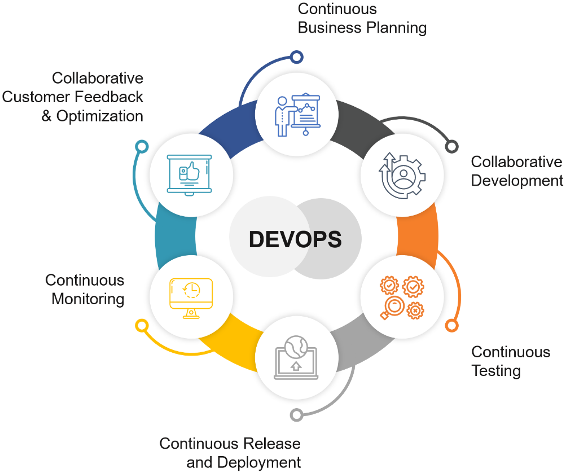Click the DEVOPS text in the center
click(295, 239)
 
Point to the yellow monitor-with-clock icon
click(191, 297)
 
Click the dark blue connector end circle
click(296, 56)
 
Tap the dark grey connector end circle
click(451, 147)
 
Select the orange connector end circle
click(451, 326)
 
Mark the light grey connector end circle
click(296, 415)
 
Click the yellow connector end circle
click(142, 326)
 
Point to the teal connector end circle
click(142, 147)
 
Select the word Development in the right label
click(517, 181)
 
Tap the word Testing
click(496, 371)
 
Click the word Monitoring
click(88, 299)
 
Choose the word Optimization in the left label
click(99, 116)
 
